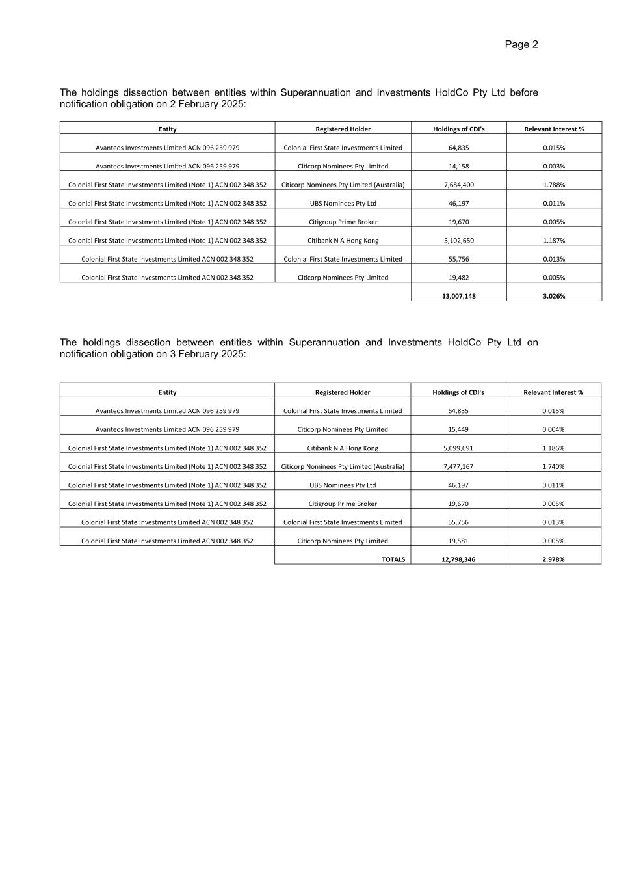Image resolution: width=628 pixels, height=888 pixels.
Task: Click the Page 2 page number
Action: click(x=521, y=44)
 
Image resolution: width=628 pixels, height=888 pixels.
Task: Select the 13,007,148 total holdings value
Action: click(x=458, y=296)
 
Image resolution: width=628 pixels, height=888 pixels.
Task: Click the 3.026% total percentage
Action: click(x=554, y=296)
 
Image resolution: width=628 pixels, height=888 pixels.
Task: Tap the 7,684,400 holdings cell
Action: click(x=458, y=185)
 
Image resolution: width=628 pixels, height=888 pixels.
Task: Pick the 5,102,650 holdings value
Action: click(x=458, y=241)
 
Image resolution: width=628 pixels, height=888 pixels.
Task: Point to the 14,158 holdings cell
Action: click(x=458, y=166)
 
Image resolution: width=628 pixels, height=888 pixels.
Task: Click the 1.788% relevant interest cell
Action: click(x=554, y=185)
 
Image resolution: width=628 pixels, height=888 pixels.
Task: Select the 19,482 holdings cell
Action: click(x=458, y=278)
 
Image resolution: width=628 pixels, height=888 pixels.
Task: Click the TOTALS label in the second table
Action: click(x=393, y=559)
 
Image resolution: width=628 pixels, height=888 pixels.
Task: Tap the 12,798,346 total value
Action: click(x=458, y=559)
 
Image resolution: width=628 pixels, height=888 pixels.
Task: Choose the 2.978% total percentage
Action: click(x=553, y=559)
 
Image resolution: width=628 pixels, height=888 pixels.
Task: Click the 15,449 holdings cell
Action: click(x=458, y=429)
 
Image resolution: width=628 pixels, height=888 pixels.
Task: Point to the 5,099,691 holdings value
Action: click(x=458, y=448)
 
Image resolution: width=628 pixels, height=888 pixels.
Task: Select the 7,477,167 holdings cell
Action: click(x=458, y=466)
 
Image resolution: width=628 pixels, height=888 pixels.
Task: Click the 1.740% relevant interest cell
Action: click(x=553, y=466)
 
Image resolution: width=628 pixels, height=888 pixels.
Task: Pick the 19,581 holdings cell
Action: click(x=458, y=541)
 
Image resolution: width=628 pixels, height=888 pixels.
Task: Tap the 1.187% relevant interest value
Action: click(x=554, y=241)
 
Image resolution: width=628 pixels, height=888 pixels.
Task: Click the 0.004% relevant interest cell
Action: click(x=553, y=429)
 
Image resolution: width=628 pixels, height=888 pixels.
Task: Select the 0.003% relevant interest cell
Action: click(x=554, y=166)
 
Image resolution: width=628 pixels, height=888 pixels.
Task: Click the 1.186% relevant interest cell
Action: click(x=553, y=448)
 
